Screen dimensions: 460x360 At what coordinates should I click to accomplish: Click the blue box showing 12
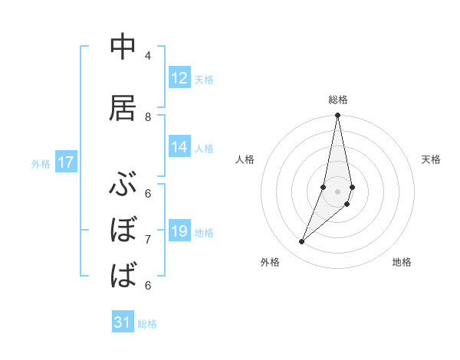[x=179, y=78]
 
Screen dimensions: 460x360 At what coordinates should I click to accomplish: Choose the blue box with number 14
[x=179, y=147]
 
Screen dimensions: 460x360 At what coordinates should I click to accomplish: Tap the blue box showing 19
[x=179, y=231]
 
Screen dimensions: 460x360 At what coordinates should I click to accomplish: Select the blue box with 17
[x=66, y=162]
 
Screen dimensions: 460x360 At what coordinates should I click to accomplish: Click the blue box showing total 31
[x=123, y=322]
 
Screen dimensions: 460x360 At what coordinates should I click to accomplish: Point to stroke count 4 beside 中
[x=148, y=56]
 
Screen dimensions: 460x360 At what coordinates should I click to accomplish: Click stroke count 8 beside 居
[x=148, y=116]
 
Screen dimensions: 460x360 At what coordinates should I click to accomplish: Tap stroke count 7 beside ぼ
[x=148, y=240]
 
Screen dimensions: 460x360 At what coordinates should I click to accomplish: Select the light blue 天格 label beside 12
[x=204, y=79]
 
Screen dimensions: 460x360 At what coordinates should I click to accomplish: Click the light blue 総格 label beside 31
[x=147, y=324]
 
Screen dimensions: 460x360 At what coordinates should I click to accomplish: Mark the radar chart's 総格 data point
[x=337, y=116]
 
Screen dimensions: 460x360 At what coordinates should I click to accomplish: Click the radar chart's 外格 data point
[x=302, y=241]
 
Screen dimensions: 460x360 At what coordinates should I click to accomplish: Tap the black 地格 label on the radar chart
[x=402, y=263]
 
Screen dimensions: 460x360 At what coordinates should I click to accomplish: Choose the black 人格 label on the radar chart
[x=245, y=159]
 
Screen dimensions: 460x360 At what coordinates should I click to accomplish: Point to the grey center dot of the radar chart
[x=337, y=191]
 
